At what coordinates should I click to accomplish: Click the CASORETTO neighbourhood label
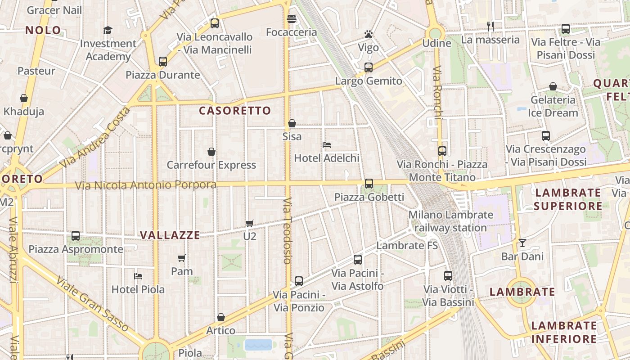235,111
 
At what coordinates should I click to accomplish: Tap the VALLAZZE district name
170,235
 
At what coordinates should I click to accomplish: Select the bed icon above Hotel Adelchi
327,145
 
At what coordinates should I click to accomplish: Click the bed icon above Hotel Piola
138,276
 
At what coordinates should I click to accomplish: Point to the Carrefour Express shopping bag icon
211,152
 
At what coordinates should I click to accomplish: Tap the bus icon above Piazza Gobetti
369,184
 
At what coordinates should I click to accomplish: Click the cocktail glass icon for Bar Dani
522,243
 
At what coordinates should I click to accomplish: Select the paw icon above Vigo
369,34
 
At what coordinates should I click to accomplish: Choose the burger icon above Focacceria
292,19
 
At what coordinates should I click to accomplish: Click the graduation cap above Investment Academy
108,30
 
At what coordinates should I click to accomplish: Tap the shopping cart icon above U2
250,223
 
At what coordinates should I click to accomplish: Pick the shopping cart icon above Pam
182,258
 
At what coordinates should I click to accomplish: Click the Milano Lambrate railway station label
450,221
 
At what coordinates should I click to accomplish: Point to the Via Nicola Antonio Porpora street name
145,185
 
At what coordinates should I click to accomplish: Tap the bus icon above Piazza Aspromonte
76,235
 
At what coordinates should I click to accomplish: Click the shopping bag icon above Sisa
292,123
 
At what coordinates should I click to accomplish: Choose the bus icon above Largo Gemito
369,67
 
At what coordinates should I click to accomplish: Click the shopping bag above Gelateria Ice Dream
553,86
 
